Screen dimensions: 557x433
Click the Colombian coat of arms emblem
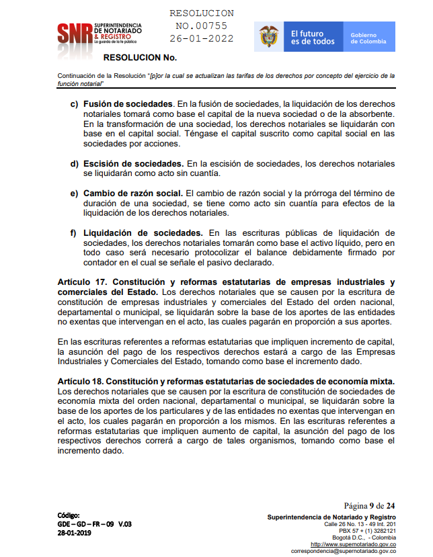click(269, 36)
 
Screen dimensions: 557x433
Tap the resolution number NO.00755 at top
click(201, 26)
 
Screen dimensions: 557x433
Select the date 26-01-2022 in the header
click(201, 38)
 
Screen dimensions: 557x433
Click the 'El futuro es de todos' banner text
click(313, 37)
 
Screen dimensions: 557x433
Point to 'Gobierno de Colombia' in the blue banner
click(368, 38)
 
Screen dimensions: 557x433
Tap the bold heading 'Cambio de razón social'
click(132, 194)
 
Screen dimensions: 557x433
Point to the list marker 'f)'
click(74, 232)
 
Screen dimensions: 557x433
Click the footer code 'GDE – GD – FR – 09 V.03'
click(95, 523)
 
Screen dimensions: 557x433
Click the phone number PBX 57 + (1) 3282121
click(368, 530)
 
